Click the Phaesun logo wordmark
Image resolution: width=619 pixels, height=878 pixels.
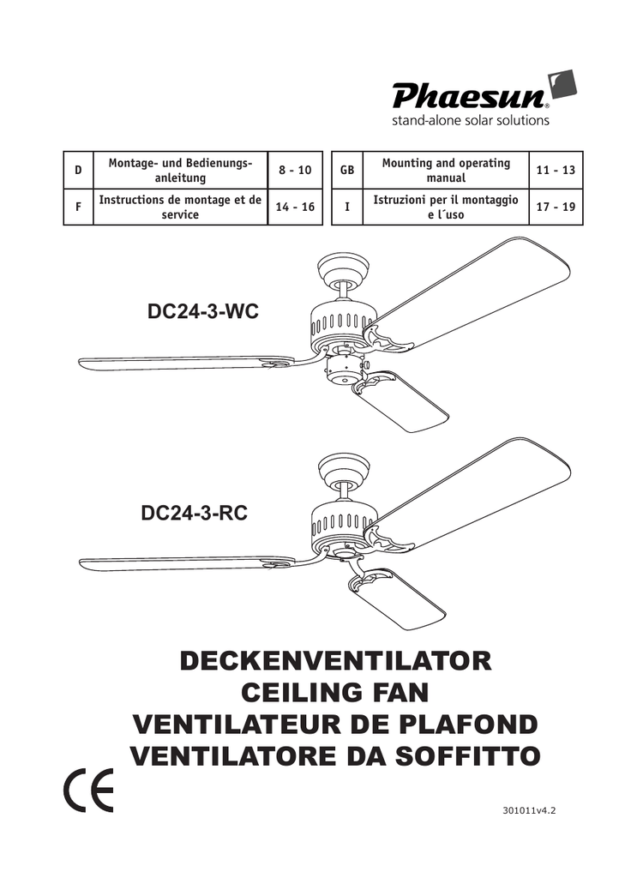[x=470, y=95]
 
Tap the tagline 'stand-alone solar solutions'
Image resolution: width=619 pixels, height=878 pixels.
[x=470, y=120]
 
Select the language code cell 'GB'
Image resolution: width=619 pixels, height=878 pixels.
[x=347, y=170]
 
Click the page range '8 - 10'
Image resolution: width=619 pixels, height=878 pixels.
[x=295, y=170]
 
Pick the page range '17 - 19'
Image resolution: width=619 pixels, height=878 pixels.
[x=556, y=207]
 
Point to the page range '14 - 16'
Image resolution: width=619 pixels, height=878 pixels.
[x=295, y=207]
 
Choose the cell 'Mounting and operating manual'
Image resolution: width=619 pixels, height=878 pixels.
[x=446, y=171]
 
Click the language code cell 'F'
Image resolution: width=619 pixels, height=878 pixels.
[x=78, y=207]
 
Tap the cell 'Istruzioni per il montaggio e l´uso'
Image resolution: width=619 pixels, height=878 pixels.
[x=446, y=207]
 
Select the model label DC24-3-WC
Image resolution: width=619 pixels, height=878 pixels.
[x=203, y=310]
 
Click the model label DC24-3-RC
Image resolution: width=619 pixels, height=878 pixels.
[x=195, y=513]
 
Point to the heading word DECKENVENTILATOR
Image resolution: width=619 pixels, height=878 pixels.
[x=336, y=661]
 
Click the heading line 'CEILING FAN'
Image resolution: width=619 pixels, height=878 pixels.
[x=334, y=693]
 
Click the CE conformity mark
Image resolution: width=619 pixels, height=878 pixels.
[x=89, y=790]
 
